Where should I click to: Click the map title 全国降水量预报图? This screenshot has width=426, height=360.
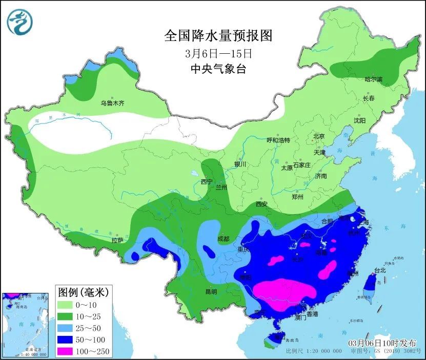click(218, 36)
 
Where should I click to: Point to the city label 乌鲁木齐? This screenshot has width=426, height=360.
click(113, 103)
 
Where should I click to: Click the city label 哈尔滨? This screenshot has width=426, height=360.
click(373, 79)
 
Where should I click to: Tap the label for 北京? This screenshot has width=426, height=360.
click(319, 136)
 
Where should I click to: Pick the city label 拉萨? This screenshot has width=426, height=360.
click(117, 240)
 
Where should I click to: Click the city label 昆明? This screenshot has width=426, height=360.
click(211, 292)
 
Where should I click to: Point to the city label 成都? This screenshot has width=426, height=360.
click(223, 238)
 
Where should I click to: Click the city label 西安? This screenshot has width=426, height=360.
click(261, 204)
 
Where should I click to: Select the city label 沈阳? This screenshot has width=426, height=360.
click(360, 121)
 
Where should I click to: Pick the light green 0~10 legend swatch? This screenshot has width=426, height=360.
click(67, 305)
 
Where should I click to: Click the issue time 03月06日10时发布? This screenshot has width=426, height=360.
click(382, 343)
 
